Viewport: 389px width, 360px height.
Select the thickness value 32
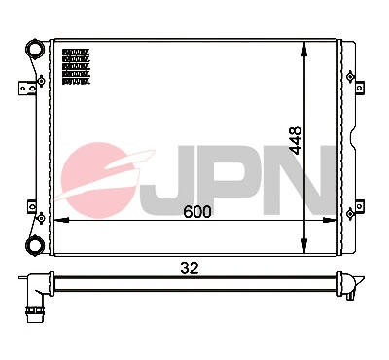point(197,268)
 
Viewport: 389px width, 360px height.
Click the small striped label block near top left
point(76,66)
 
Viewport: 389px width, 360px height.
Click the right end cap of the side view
point(353,284)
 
